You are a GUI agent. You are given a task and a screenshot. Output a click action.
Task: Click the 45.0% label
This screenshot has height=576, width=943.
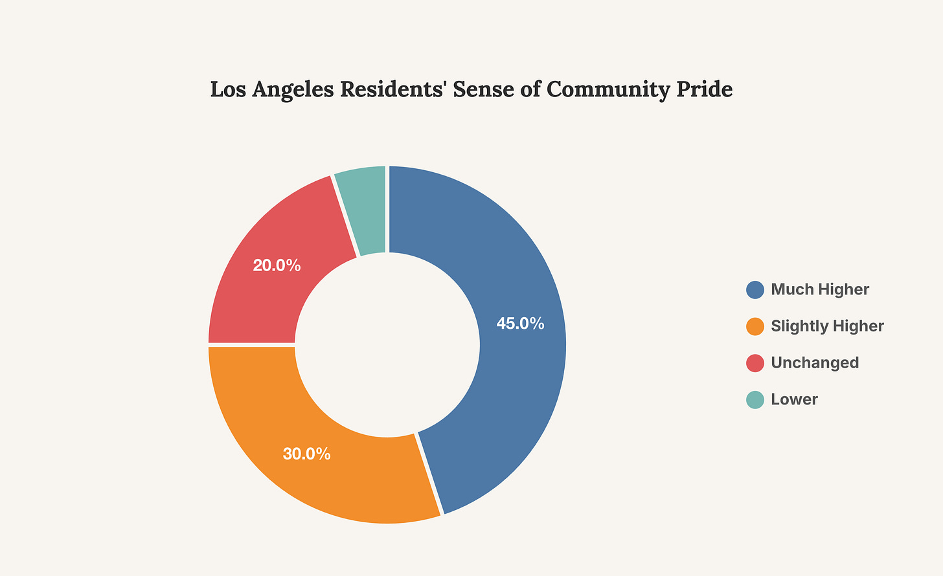(520, 324)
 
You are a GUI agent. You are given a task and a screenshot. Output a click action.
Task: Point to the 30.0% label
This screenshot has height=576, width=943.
(306, 454)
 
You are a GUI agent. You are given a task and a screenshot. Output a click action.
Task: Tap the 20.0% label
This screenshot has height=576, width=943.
(277, 265)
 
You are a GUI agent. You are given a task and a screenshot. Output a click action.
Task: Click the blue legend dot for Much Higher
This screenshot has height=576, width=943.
(755, 289)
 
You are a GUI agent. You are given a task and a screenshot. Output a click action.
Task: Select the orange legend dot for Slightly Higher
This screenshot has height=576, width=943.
(755, 326)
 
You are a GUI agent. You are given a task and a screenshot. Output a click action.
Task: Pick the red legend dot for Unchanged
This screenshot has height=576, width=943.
(755, 363)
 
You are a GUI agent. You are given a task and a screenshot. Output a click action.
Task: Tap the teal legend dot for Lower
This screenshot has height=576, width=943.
(755, 399)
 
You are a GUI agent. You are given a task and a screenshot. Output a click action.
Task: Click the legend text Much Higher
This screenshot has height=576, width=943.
(820, 289)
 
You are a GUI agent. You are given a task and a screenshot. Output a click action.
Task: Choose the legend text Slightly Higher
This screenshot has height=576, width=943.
(827, 326)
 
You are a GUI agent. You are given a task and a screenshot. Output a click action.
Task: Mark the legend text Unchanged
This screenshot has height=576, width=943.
(815, 363)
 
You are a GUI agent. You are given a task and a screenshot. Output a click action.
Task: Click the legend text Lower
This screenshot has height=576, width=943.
(794, 399)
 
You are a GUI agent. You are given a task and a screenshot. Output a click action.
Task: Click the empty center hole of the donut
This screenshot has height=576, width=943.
(387, 344)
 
